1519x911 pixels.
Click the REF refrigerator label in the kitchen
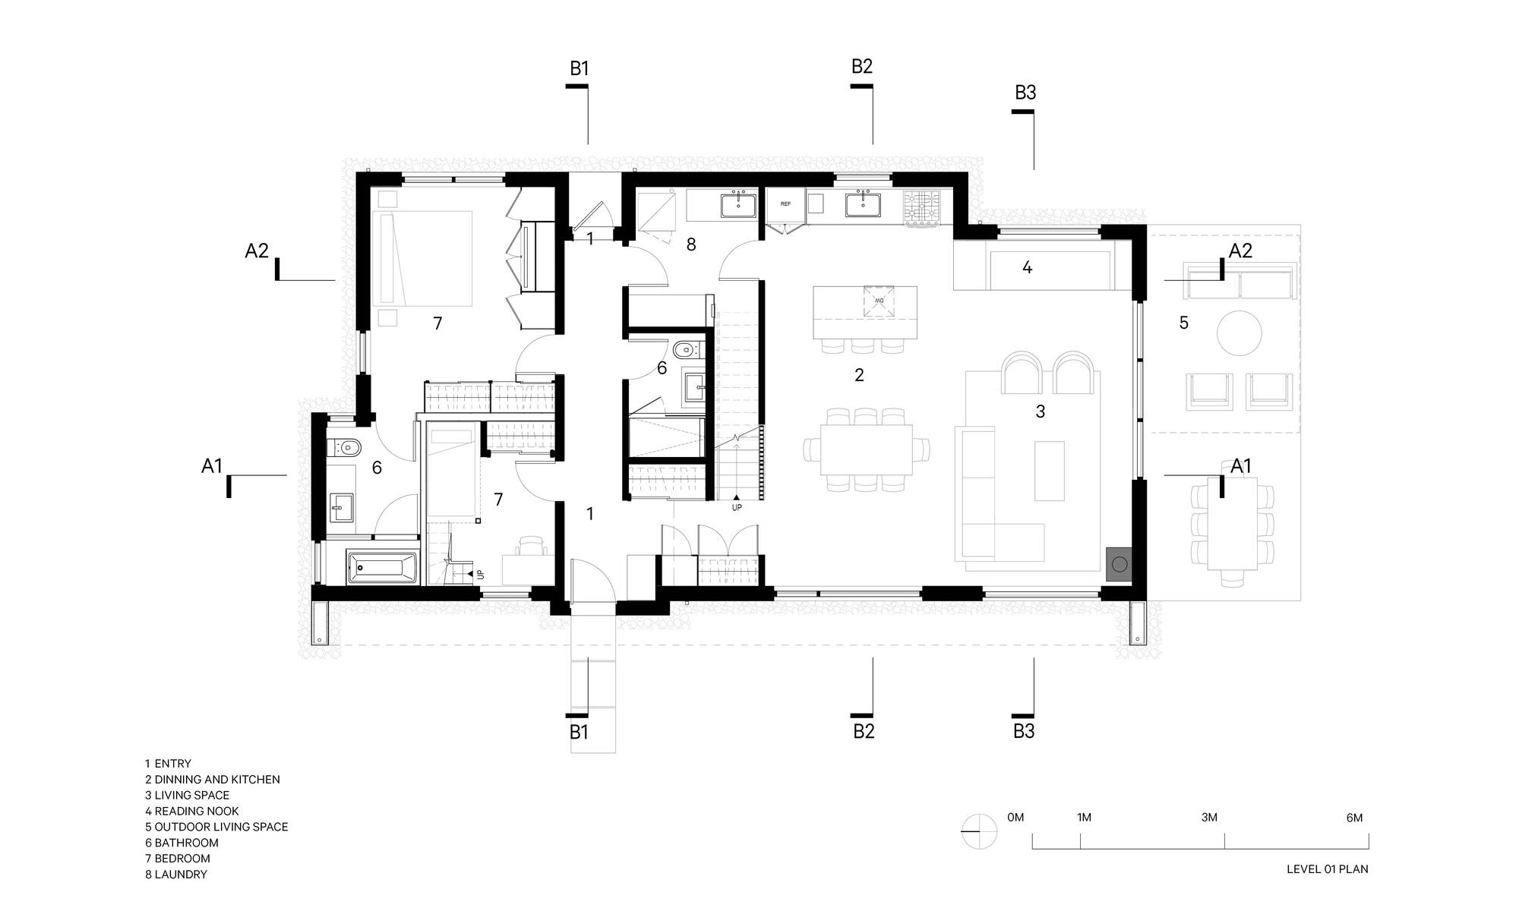point(785,204)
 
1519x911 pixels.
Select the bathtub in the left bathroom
point(382,567)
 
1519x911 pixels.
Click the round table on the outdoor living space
point(1240,333)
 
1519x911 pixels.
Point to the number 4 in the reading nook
point(1027,267)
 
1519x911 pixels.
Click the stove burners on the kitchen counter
point(921,207)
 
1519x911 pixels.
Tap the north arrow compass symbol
point(979,831)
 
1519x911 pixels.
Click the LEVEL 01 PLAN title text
point(1327,869)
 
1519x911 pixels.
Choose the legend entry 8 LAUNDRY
point(176,875)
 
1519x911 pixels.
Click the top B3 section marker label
point(1025,93)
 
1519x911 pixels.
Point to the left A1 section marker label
point(212,466)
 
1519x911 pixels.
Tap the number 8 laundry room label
point(691,244)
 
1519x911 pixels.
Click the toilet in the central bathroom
point(686,351)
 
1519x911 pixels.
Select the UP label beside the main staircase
point(737,507)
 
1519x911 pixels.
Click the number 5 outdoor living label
point(1183,323)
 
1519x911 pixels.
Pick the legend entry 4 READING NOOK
point(192,811)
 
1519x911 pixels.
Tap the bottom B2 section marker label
point(864,731)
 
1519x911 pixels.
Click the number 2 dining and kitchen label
point(859,375)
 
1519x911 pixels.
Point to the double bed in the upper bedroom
point(422,258)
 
